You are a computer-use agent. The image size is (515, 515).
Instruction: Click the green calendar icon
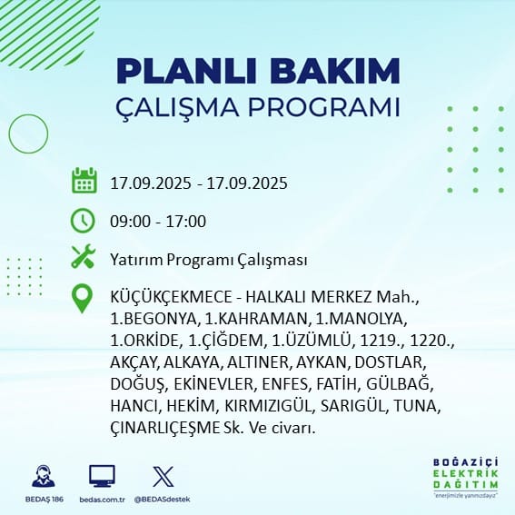pyautogui.click(x=84, y=181)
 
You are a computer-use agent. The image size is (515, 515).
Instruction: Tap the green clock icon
pyautogui.click(x=83, y=221)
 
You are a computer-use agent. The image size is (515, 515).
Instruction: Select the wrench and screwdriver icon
pyautogui.click(x=84, y=256)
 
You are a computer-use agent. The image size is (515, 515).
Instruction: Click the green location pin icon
pyautogui.click(x=82, y=298)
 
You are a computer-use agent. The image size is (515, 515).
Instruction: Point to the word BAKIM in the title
pyautogui.click(x=334, y=71)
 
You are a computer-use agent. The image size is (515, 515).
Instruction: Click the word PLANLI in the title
pyautogui.click(x=186, y=71)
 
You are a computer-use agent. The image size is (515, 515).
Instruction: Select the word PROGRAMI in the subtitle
pyautogui.click(x=324, y=107)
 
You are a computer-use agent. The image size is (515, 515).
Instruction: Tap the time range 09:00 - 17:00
pyautogui.click(x=158, y=221)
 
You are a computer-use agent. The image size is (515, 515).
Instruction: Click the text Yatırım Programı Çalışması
pyautogui.click(x=209, y=260)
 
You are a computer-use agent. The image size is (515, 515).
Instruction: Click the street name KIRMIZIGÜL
pyautogui.click(x=268, y=406)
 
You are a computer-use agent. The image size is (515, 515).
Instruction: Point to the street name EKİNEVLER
pyautogui.click(x=214, y=384)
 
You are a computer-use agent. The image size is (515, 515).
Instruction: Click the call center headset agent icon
pyautogui.click(x=44, y=476)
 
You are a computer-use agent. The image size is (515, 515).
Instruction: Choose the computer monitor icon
pyautogui.click(x=102, y=476)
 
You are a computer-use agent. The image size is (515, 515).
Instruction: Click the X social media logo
pyautogui.click(x=163, y=477)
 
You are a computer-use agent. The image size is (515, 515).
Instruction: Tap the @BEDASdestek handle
pyautogui.click(x=162, y=500)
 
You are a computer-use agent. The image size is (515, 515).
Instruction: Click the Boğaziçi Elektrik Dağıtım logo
pyautogui.click(x=465, y=477)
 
